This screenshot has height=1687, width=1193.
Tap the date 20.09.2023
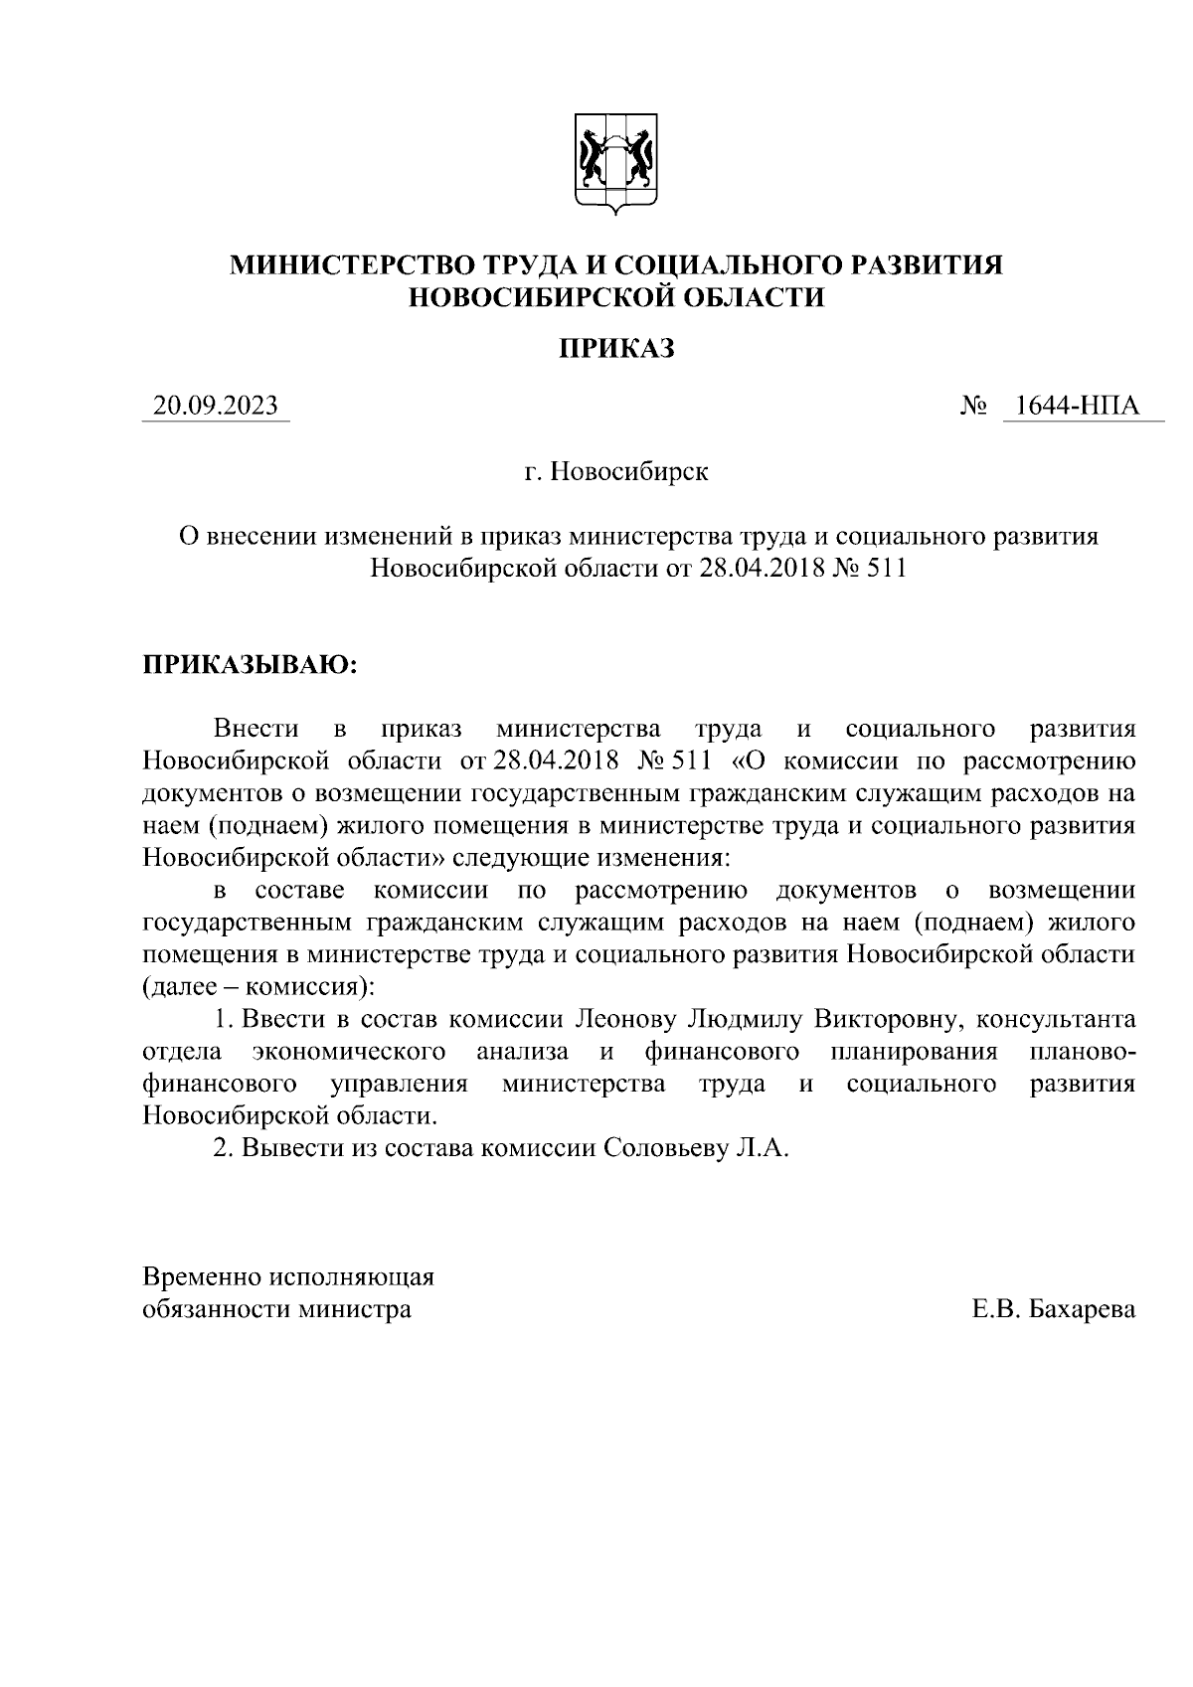216,406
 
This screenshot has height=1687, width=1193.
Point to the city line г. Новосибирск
616,470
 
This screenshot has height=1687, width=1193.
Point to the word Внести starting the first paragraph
256,729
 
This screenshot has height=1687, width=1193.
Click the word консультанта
1057,1019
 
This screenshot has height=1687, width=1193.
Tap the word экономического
348,1052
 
